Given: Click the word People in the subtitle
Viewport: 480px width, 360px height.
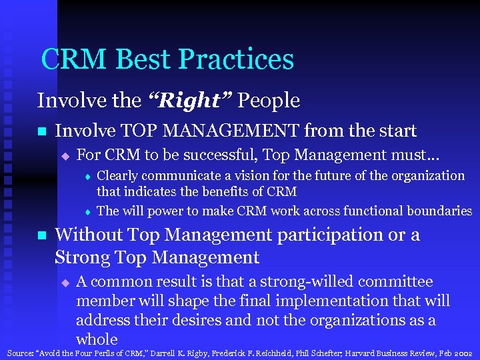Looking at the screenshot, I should click(269, 101).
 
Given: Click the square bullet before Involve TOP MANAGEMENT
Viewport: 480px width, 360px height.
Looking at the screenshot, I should click(41, 131).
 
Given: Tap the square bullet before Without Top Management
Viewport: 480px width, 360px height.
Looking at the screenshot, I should click(41, 235).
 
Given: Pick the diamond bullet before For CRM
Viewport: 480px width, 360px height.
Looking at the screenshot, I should click(65, 156).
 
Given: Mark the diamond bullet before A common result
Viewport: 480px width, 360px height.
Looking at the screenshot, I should click(65, 283).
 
